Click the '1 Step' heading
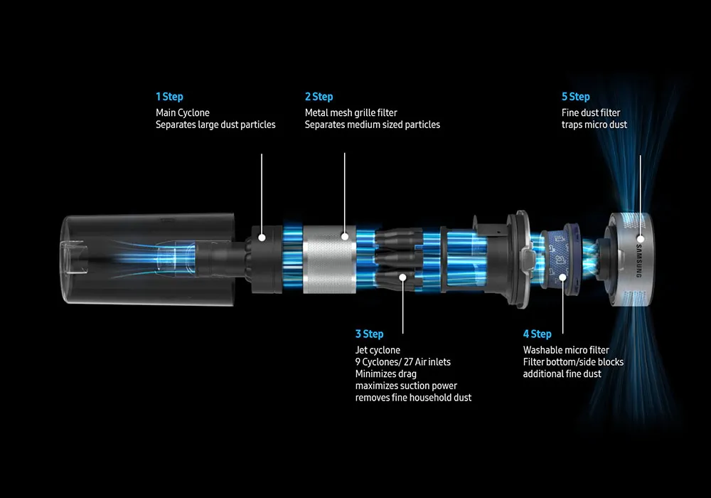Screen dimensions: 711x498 click(x=170, y=97)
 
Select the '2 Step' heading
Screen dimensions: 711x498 click(x=319, y=97)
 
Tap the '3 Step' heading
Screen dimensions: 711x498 click(x=369, y=334)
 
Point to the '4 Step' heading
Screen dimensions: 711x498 click(x=538, y=334)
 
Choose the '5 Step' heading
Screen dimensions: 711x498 click(x=576, y=97)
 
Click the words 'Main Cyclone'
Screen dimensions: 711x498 click(x=183, y=113)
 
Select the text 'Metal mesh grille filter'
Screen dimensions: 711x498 click(x=351, y=113)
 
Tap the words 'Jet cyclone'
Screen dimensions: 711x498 click(x=378, y=350)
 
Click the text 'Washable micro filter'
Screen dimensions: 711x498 click(x=566, y=350)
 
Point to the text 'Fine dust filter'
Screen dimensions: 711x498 click(x=591, y=113)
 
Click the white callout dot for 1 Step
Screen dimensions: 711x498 click(x=262, y=237)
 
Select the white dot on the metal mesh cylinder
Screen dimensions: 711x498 click(x=345, y=236)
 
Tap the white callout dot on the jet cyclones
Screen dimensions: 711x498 click(x=402, y=277)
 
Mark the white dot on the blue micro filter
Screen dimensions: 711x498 click(x=562, y=277)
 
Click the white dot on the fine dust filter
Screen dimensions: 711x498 click(x=641, y=239)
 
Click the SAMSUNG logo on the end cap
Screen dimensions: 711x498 click(x=638, y=261)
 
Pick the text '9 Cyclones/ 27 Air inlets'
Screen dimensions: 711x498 click(x=403, y=362)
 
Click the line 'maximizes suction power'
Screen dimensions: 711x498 click(x=406, y=386)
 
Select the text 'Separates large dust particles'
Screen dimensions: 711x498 click(x=215, y=124)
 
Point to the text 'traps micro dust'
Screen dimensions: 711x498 click(x=594, y=124)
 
